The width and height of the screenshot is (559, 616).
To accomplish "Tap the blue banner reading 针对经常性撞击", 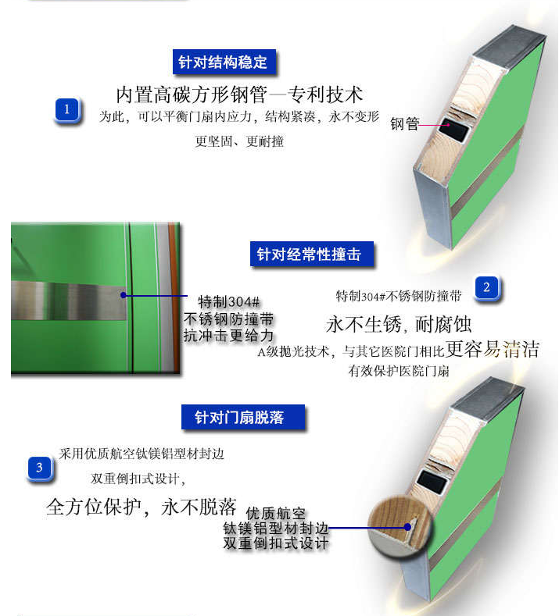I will (x=310, y=254).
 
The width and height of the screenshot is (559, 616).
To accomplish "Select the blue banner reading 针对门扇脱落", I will (x=239, y=418).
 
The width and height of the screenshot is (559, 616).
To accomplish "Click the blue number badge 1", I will (x=66, y=110).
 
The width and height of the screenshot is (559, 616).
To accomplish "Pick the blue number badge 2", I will (x=486, y=288).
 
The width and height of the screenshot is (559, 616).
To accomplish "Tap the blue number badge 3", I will (x=40, y=468).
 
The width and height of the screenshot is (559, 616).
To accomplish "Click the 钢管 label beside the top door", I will (x=405, y=124).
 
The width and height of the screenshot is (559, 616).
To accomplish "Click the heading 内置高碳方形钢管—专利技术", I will (x=239, y=94).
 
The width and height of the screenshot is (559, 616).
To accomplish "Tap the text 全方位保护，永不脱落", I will (x=141, y=507).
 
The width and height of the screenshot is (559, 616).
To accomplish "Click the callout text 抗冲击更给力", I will (x=228, y=336).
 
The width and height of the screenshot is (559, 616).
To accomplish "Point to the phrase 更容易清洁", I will (x=493, y=349).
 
